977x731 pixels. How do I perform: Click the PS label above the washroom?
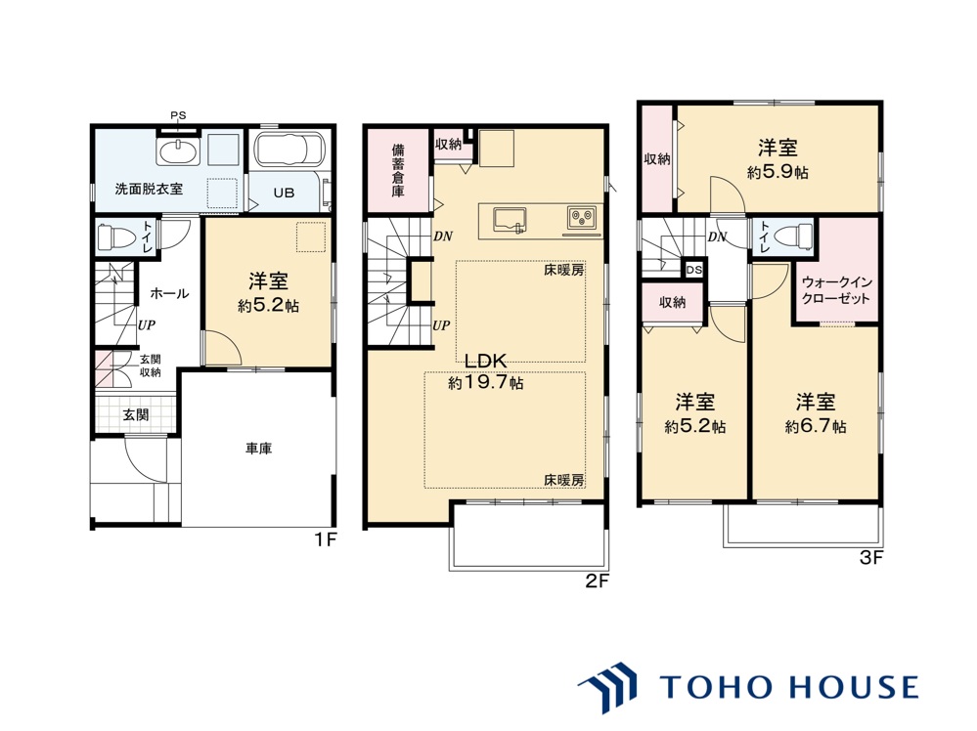coord(178,115)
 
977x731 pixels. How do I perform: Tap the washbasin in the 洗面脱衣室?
coord(179,150)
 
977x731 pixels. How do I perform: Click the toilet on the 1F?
coord(116,236)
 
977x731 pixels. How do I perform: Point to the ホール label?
coord(169,293)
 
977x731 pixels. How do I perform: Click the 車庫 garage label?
coord(258,449)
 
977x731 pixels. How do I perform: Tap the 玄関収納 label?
coord(150,365)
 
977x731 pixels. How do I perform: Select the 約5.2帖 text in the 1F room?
coord(269,306)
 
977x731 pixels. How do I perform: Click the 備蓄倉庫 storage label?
coord(397,171)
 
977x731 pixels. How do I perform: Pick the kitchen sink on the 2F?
coord(511,220)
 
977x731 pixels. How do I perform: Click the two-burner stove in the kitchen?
coord(581,218)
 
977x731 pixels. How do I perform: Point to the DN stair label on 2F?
coord(443,236)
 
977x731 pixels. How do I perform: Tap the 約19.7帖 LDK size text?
coord(486,383)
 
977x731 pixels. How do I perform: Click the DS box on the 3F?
coord(694,270)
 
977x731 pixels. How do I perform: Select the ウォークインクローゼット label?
coord(836,290)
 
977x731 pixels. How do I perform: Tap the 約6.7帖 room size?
coord(816,426)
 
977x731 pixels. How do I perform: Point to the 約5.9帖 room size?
coord(777,172)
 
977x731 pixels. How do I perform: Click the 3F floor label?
coord(871,558)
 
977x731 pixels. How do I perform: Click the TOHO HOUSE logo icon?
coord(610,687)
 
